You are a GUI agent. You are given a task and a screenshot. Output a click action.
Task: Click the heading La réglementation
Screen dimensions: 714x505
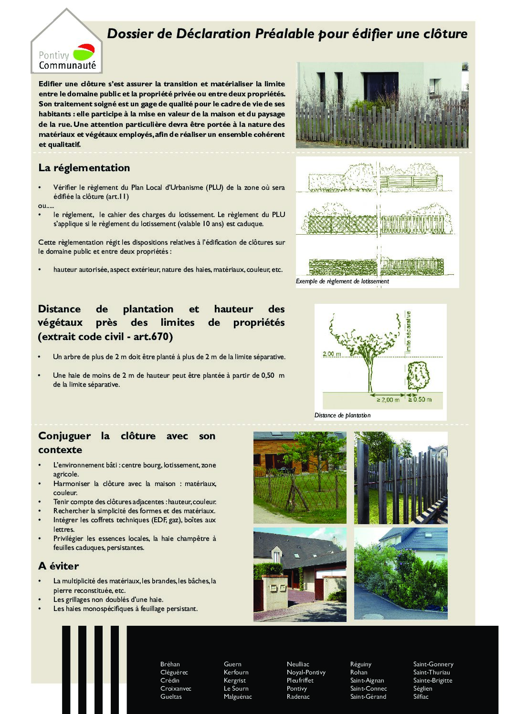84,168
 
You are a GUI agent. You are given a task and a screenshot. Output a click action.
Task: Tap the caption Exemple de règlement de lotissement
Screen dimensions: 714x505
342,281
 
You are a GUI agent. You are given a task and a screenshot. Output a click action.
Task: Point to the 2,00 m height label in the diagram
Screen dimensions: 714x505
332,354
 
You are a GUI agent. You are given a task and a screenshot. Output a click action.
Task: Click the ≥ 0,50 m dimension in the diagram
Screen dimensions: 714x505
420,400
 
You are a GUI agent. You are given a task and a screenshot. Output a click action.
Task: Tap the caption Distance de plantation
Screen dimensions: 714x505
342,415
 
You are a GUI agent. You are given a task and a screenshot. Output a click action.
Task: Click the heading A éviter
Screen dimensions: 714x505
58,566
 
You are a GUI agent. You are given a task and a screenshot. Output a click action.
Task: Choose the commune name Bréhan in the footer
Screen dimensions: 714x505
170,664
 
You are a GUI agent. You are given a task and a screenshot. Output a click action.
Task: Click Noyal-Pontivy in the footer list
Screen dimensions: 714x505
306,672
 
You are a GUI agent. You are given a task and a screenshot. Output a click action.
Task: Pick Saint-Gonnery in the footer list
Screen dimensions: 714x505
433,664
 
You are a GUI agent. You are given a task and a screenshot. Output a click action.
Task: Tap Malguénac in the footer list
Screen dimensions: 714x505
238,696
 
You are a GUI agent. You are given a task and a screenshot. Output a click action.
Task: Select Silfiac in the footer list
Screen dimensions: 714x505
421,696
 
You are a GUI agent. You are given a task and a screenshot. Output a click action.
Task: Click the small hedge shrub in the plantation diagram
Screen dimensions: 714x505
418,375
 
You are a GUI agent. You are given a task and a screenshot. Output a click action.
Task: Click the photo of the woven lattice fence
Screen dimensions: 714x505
300,477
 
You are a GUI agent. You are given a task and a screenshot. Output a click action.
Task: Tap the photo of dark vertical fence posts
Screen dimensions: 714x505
400,477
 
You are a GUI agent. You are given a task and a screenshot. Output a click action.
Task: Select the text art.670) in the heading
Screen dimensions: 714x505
153,337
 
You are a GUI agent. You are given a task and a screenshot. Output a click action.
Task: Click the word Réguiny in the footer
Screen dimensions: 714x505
360,664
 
